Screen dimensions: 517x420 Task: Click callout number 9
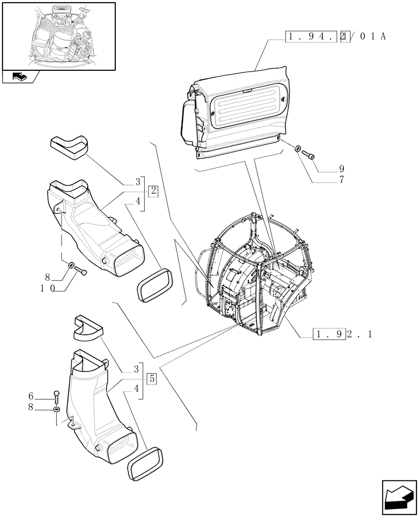point(342,169)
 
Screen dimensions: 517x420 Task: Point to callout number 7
point(342,180)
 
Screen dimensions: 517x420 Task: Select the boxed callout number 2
point(154,191)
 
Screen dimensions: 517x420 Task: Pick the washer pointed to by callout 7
point(298,150)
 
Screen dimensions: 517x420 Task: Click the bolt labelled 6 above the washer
point(56,398)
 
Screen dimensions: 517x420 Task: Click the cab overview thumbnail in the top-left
point(58,36)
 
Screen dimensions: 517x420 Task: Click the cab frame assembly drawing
point(253,274)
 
